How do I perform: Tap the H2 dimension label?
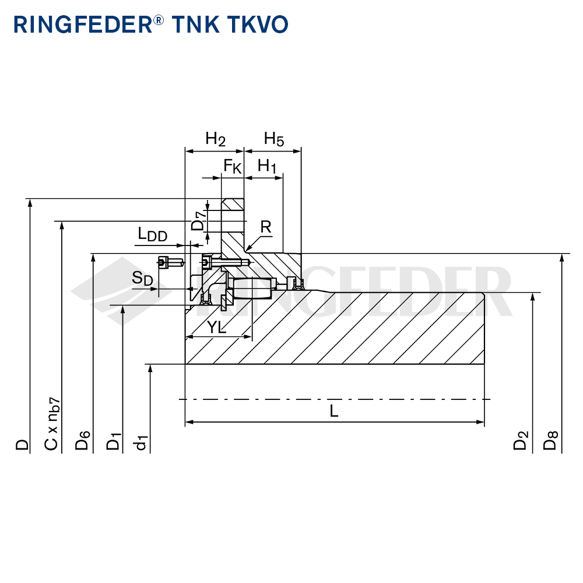215,139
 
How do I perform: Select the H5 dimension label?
273,139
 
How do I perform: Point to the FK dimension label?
233,167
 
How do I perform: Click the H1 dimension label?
267,166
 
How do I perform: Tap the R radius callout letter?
266,227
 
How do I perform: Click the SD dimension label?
142,279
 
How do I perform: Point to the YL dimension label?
216,328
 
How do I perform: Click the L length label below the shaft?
334,411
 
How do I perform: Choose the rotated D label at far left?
22,444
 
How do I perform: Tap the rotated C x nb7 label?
52,424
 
